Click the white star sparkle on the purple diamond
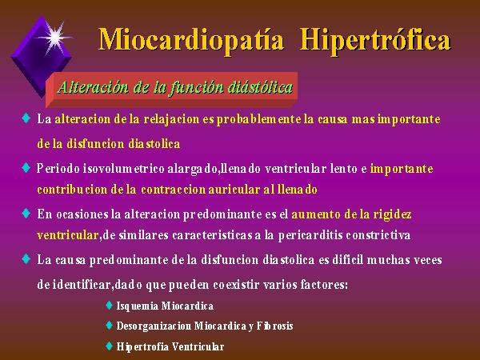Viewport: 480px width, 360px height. (x=55, y=38)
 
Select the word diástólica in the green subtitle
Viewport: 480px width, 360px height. (x=260, y=87)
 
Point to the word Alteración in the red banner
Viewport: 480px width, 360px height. (x=93, y=87)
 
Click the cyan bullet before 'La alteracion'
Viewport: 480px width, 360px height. (x=26, y=118)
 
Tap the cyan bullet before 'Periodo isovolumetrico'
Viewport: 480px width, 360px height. (x=26, y=168)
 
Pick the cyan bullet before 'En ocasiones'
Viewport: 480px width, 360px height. (x=26, y=213)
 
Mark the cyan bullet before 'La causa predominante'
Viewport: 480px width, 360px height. (x=26, y=258)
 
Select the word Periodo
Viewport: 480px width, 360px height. (x=58, y=169)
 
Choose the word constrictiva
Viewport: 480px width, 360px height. (x=378, y=235)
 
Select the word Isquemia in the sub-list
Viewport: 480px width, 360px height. (x=138, y=306)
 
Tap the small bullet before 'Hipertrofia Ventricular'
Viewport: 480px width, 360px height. (x=109, y=346)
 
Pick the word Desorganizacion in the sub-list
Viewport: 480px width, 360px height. (x=154, y=326)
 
